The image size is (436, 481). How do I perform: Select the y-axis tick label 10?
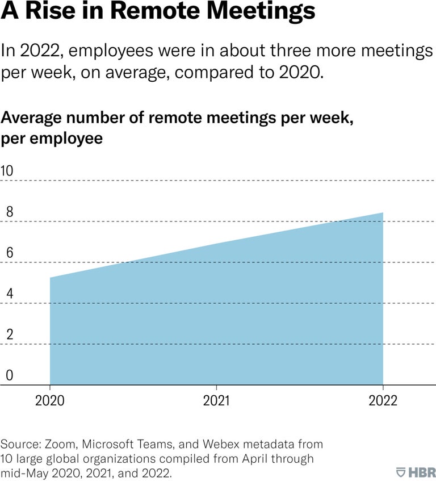tap(7, 170)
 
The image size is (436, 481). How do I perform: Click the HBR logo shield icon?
tap(400, 471)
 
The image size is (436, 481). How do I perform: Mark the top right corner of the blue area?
tap(383, 213)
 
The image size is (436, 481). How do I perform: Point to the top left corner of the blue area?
tap(51, 278)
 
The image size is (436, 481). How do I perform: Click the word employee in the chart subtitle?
tap(68, 139)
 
